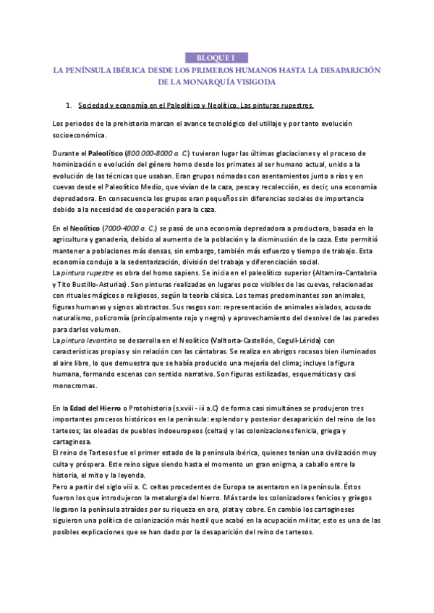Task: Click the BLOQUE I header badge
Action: (217, 57)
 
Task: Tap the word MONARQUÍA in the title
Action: (203, 82)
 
